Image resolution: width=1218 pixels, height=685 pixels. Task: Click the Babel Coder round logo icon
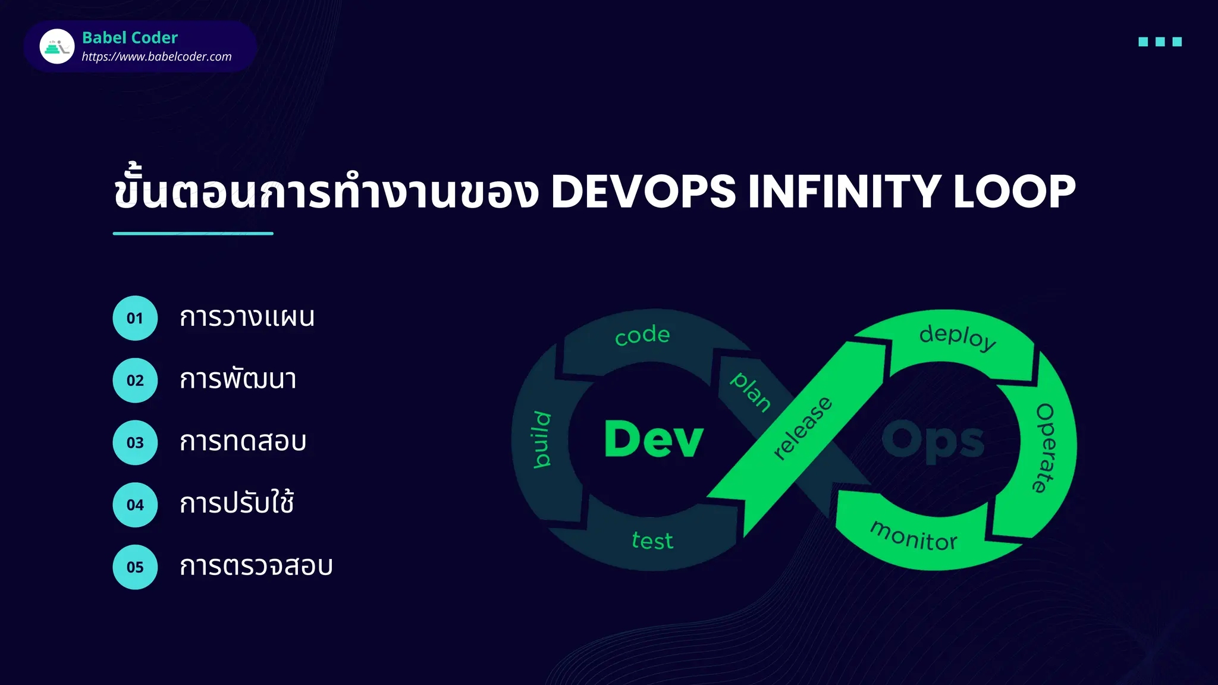point(57,46)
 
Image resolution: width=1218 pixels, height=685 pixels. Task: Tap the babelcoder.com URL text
point(156,56)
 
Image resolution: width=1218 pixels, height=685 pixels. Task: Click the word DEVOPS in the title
point(643,191)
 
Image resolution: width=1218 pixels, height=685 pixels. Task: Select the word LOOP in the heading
point(1014,191)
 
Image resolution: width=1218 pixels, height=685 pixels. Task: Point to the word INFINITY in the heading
point(844,191)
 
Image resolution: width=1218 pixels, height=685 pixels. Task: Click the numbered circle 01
point(135,318)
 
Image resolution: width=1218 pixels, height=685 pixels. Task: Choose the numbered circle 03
point(135,442)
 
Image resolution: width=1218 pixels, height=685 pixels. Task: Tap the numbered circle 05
point(135,567)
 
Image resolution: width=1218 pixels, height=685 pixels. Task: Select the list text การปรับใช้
point(237,504)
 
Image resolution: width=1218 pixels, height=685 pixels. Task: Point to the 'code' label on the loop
point(642,335)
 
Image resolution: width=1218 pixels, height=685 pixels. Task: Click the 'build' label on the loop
point(541,439)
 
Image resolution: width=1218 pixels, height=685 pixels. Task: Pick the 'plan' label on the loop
point(751,392)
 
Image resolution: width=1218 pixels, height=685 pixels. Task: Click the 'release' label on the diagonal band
point(803,428)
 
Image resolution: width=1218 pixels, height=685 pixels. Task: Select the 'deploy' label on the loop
point(958,337)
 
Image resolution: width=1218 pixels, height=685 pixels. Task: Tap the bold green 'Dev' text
point(654,439)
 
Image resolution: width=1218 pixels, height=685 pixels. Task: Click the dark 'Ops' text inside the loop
point(933,441)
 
